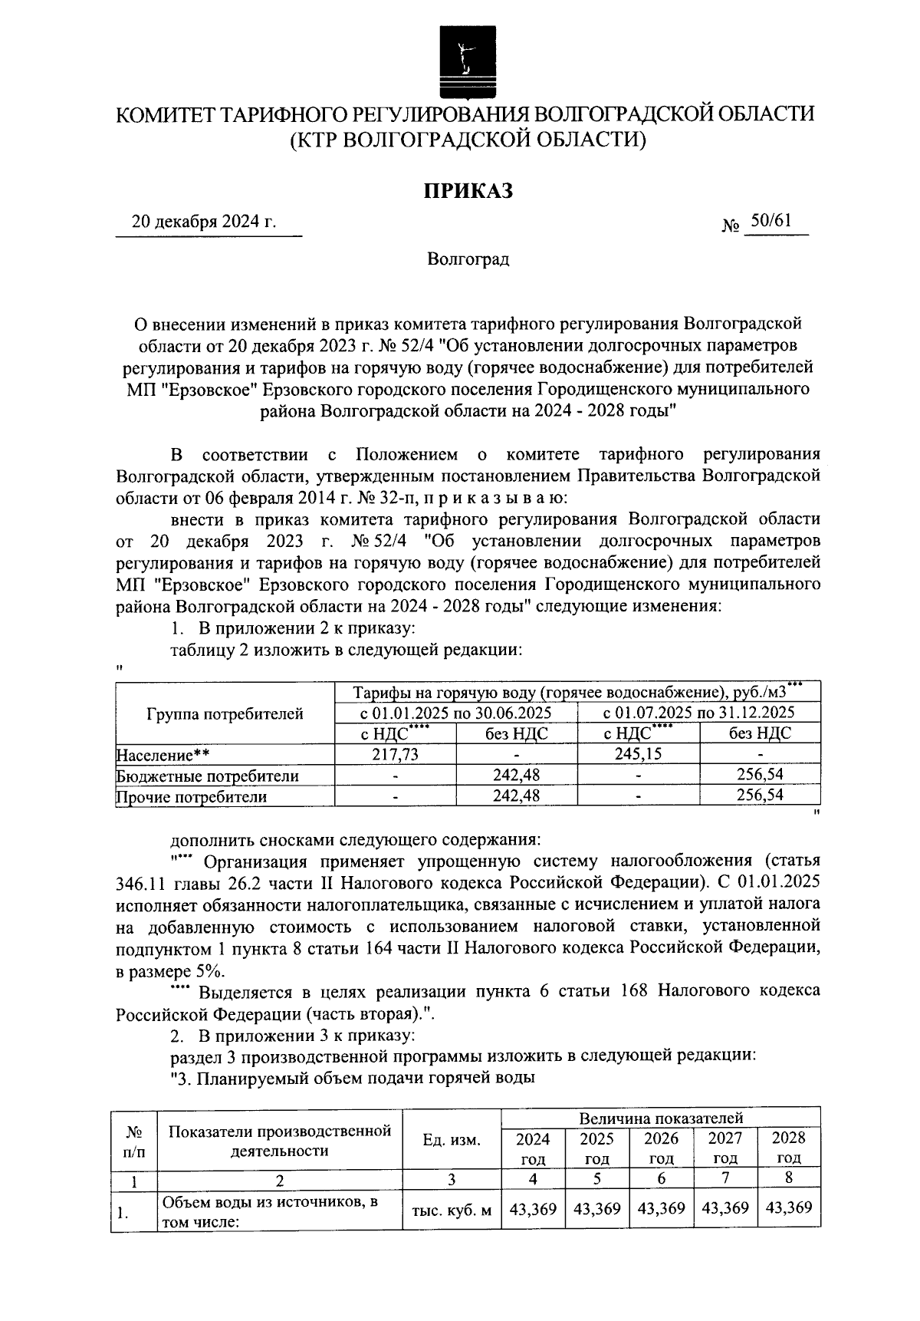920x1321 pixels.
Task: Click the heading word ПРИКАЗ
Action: tap(468, 190)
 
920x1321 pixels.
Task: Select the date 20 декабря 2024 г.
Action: tap(204, 223)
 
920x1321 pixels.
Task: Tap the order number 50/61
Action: tap(770, 221)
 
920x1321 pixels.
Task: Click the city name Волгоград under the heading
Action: tap(468, 259)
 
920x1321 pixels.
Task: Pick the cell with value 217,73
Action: tap(395, 755)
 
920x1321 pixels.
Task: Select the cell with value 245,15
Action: tap(639, 754)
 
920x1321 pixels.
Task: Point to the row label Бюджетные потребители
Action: tap(207, 776)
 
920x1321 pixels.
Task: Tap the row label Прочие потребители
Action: tap(192, 797)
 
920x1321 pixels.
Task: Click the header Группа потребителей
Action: tap(225, 714)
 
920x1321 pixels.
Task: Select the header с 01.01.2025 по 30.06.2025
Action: tap(456, 713)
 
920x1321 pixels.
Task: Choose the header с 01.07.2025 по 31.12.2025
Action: tap(699, 713)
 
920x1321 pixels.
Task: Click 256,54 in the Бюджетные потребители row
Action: tap(760, 776)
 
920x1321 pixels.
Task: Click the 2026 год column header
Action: tap(661, 1148)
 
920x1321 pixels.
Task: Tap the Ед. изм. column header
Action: tap(452, 1140)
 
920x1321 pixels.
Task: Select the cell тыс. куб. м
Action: tap(452, 1211)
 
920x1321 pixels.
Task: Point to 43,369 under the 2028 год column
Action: tap(788, 1208)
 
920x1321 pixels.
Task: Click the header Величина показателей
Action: tap(661, 1118)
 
